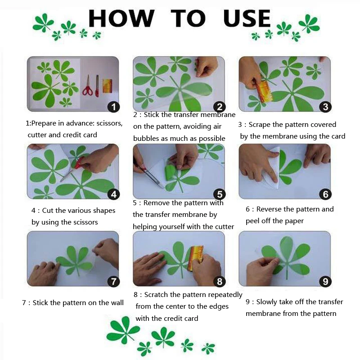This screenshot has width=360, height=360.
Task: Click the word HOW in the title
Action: [x=121, y=19]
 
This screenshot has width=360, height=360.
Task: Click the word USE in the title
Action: [x=247, y=19]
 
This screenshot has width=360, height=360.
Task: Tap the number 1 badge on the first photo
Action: [x=114, y=107]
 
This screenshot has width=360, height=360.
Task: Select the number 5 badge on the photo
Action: [x=219, y=194]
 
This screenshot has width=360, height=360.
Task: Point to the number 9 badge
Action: [x=325, y=282]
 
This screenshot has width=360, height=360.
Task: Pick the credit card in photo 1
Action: [x=107, y=85]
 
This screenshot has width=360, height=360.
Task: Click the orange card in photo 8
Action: [x=195, y=257]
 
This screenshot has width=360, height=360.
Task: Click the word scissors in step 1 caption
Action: [x=107, y=123]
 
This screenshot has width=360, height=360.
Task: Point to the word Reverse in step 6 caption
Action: [x=270, y=209]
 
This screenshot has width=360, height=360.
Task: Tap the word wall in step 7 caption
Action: [x=117, y=303]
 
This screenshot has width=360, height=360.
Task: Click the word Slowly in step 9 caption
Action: [x=267, y=302]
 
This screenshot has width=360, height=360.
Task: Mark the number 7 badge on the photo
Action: [x=113, y=282]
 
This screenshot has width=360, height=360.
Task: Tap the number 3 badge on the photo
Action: [x=325, y=107]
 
